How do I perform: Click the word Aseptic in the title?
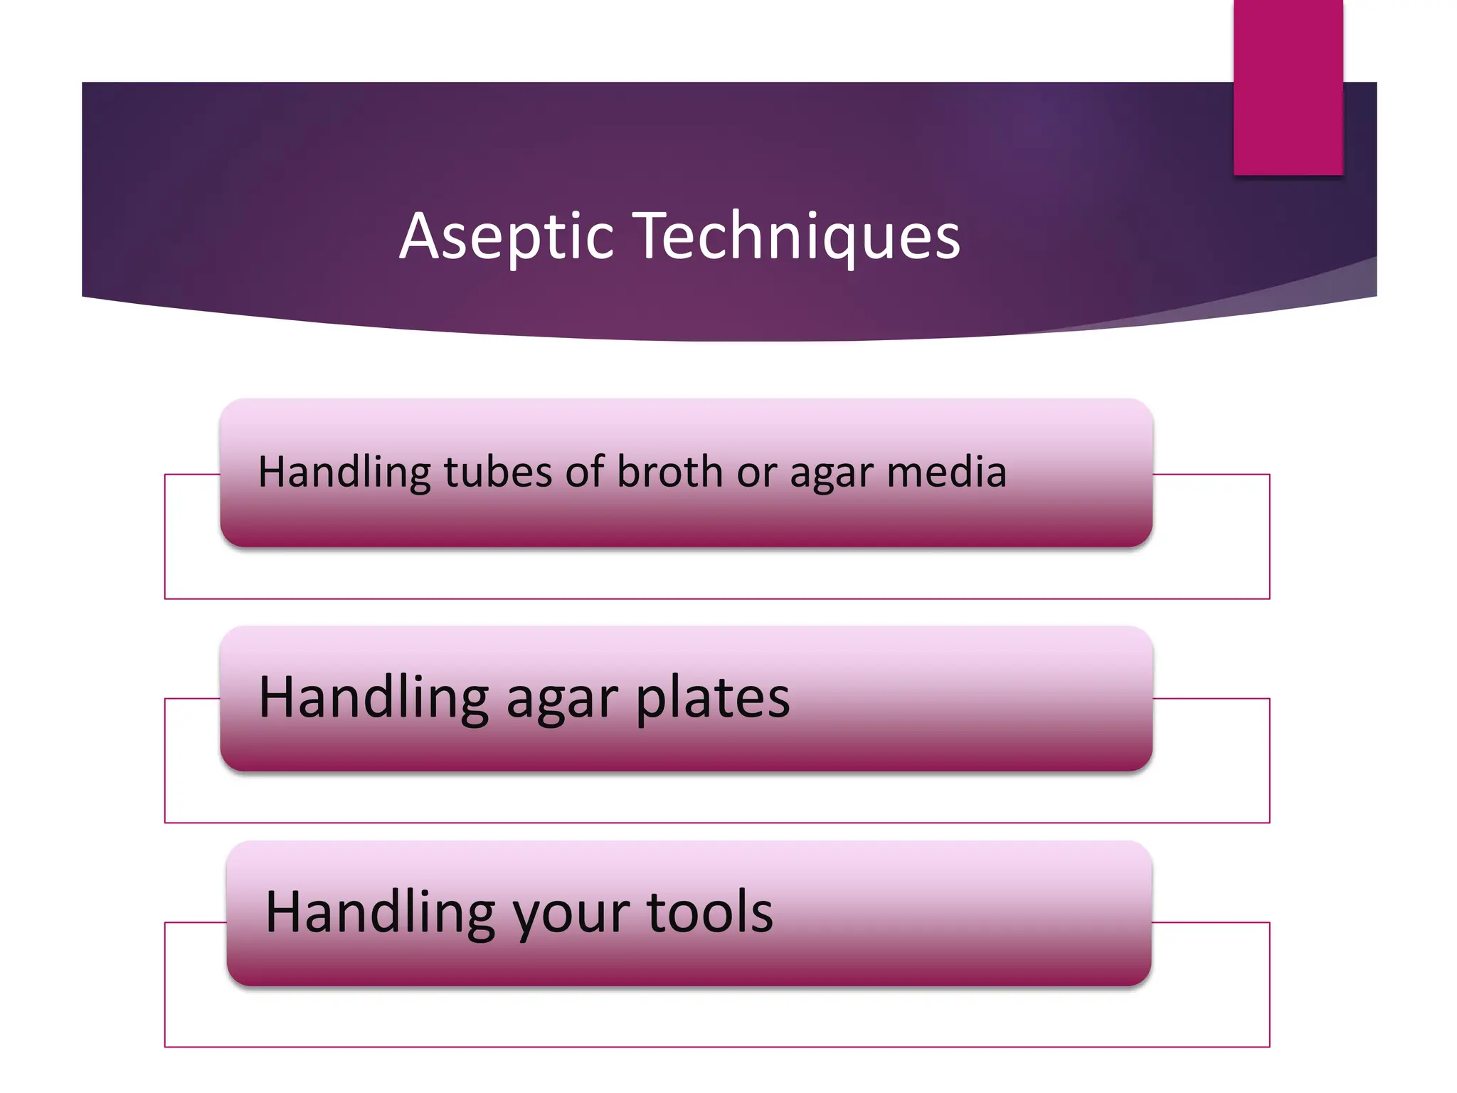point(506,236)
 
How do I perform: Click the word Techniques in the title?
point(797,236)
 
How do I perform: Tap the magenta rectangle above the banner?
point(1288,85)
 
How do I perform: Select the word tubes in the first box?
point(498,472)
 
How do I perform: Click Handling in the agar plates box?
point(373,697)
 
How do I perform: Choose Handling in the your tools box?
point(380,912)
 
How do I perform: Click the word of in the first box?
point(585,472)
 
